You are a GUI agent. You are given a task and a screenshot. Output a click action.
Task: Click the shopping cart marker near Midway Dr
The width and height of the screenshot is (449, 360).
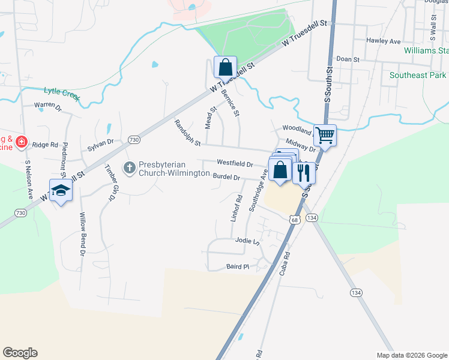pyautogui.click(x=325, y=135)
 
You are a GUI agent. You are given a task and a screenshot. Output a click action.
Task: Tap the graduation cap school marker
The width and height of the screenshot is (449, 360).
pyautogui.click(x=61, y=190)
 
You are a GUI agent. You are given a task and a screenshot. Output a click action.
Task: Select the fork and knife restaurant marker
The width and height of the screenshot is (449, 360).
pyautogui.click(x=304, y=172)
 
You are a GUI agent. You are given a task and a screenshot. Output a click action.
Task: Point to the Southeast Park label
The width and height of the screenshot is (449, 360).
pyautogui.click(x=418, y=76)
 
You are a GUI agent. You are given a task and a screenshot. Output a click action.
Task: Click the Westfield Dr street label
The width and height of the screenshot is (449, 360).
pyautogui.click(x=235, y=163)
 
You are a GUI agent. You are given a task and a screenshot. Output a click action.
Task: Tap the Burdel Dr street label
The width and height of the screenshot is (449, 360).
pyautogui.click(x=226, y=177)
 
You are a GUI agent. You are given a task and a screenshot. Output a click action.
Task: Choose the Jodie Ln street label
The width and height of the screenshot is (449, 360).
pyautogui.click(x=247, y=241)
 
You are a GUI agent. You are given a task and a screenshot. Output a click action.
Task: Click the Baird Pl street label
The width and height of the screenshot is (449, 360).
pyautogui.click(x=238, y=266)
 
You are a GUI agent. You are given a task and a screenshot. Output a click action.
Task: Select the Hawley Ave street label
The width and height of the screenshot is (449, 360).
pyautogui.click(x=384, y=41)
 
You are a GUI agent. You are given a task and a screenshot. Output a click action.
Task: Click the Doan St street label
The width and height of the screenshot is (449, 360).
pyautogui.click(x=348, y=59)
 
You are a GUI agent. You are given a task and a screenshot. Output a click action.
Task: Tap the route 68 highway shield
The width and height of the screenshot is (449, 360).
pyautogui.click(x=294, y=220)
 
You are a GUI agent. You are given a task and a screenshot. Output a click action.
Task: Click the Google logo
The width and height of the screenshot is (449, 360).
pyautogui.click(x=20, y=353)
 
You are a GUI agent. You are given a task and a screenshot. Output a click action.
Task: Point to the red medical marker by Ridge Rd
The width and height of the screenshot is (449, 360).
pyautogui.click(x=21, y=142)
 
